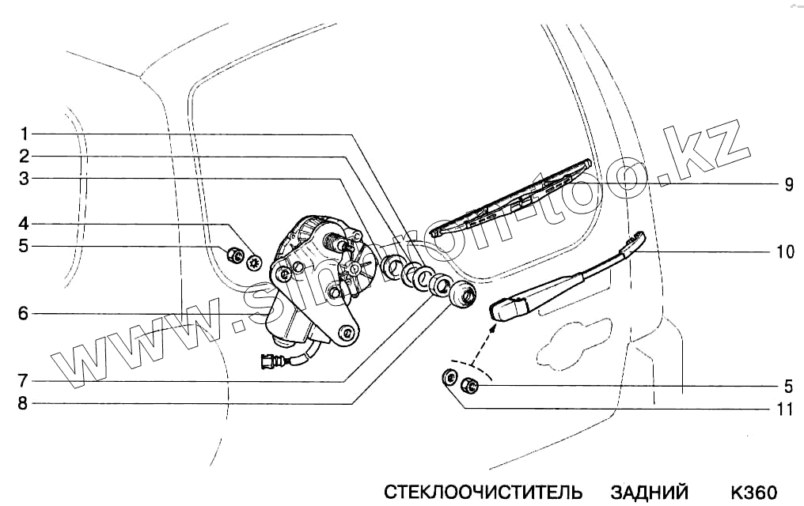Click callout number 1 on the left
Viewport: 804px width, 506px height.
[25, 132]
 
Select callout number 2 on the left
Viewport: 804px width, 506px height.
[25, 156]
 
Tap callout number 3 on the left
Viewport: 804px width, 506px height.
[25, 179]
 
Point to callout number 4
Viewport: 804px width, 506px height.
[25, 223]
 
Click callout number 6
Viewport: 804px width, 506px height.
[25, 314]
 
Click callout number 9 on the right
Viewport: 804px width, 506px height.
[789, 184]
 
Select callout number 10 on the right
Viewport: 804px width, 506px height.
[786, 251]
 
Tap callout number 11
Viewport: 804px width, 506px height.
[786, 409]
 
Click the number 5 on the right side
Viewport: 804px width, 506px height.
[789, 387]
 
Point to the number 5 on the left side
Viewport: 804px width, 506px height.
[25, 246]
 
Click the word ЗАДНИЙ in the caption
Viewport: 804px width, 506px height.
[650, 492]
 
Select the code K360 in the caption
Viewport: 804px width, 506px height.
[755, 492]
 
